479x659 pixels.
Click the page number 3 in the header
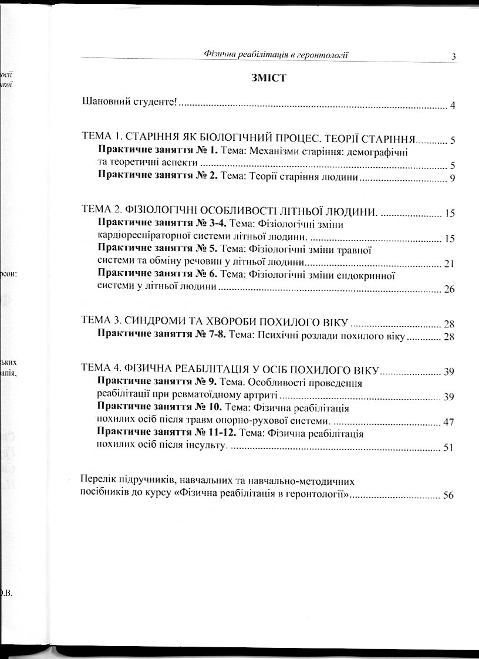(454, 56)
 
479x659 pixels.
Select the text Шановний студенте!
(129, 106)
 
